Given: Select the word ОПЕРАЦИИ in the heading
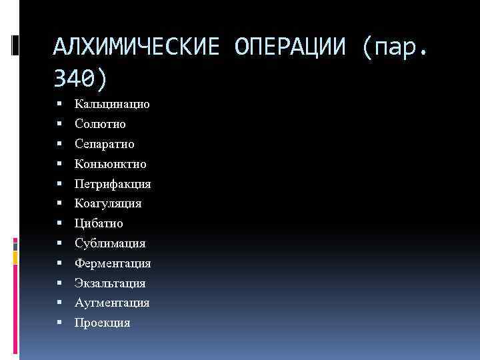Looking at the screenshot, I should (292, 47).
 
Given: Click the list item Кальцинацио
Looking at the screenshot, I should (112, 105).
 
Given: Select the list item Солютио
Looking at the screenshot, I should (100, 124).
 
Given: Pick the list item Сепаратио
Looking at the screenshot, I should (105, 144).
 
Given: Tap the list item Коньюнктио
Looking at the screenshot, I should (111, 164).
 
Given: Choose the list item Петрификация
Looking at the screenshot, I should (113, 184).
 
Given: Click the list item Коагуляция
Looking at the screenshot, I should (108, 203).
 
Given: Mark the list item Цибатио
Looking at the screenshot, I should (99, 223).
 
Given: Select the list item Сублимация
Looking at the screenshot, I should (110, 243).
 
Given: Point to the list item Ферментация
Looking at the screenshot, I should (113, 263).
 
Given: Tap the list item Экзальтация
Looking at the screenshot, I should (110, 283).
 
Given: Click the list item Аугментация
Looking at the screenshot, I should (112, 303).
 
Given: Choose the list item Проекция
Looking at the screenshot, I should (103, 323).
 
